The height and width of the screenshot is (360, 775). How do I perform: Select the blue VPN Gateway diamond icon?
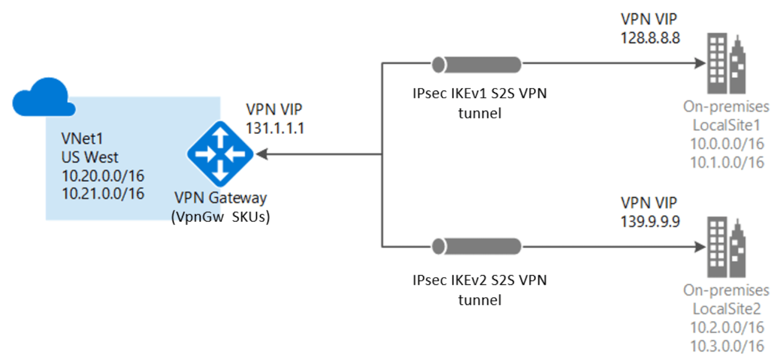220,154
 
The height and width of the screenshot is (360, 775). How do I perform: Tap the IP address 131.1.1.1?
275,127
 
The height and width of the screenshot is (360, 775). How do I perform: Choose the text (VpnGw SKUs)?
221,216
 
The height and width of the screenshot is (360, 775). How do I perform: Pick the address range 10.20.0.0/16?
103,176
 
